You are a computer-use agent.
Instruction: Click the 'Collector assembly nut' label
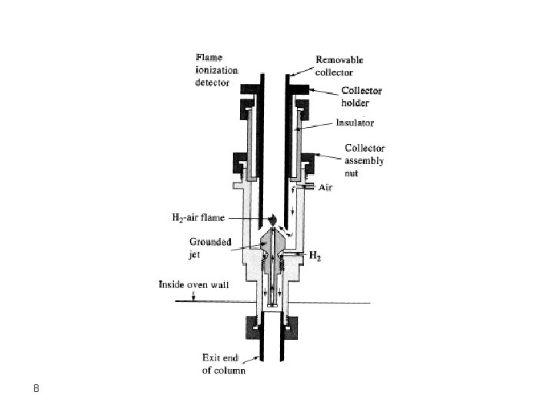(364, 160)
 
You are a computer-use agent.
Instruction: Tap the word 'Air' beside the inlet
(325, 187)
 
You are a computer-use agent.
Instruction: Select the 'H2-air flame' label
(197, 218)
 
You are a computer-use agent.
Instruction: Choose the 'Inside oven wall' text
(194, 284)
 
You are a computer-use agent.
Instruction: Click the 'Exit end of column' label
(223, 364)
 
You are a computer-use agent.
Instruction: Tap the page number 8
(35, 387)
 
